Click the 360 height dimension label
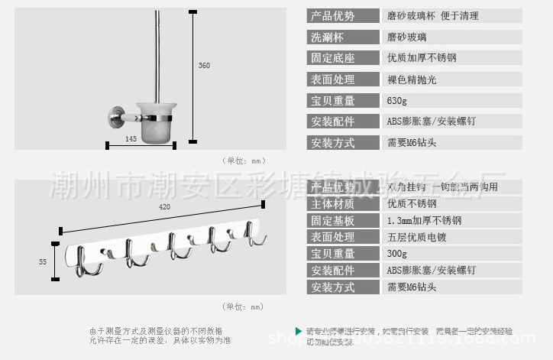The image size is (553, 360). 204,66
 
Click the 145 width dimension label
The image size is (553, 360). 131,138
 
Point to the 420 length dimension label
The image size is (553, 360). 164,206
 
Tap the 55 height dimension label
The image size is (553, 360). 43,261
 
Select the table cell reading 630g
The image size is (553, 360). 397,101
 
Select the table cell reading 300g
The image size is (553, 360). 397,254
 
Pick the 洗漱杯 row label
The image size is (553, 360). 327,37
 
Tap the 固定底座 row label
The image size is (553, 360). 332,58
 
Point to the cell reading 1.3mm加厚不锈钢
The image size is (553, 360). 424,220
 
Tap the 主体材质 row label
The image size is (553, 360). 332,204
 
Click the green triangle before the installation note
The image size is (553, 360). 299,330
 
